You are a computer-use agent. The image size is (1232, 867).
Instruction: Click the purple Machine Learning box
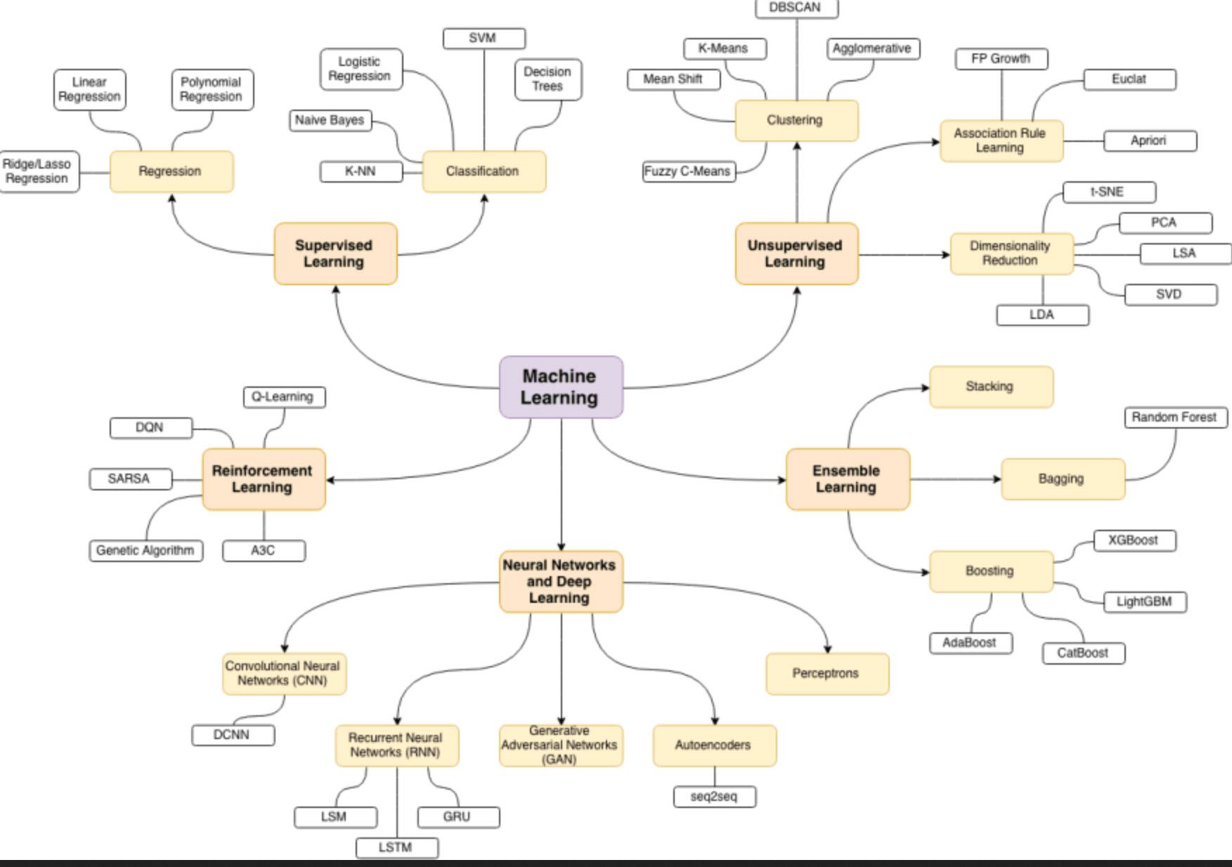tap(560, 386)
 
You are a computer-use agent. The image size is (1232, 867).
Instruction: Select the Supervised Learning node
tap(335, 254)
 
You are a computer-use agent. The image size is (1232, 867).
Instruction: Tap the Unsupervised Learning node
tap(796, 254)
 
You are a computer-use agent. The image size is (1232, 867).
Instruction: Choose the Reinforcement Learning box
tap(263, 479)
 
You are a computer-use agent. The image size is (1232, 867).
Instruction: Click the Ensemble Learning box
tap(847, 479)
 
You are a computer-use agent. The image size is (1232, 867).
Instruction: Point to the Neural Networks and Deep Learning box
tap(560, 581)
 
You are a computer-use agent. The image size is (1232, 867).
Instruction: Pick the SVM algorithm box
tap(484, 39)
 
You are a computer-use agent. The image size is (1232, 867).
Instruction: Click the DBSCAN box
tap(796, 8)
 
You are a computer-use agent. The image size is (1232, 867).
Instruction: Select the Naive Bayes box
tap(330, 120)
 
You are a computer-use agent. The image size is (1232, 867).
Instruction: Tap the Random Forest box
tap(1174, 417)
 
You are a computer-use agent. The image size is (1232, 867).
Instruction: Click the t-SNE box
tap(1108, 192)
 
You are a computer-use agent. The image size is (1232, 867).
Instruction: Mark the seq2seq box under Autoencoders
tap(714, 797)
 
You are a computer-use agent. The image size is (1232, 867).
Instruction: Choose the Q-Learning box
tap(283, 397)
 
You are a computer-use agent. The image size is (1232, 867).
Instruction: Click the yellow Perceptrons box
tap(826, 673)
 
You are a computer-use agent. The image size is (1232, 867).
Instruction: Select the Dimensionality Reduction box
tap(1011, 254)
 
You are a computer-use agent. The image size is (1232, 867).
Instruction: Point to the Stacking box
tap(990, 386)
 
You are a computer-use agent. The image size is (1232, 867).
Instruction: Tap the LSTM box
tap(396, 847)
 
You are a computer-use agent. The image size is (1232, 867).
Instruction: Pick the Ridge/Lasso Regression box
tap(38, 171)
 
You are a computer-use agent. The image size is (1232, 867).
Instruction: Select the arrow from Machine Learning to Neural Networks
tap(561, 485)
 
